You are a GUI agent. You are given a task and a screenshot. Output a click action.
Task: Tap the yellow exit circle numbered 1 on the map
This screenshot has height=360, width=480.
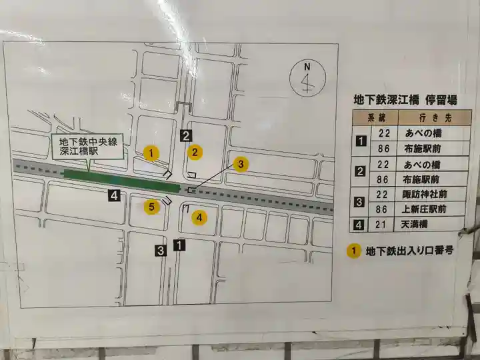[152, 153]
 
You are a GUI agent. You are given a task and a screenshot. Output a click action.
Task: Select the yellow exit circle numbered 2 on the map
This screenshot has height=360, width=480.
[195, 152]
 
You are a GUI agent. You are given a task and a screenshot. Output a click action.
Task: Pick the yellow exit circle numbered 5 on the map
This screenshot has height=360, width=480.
[152, 206]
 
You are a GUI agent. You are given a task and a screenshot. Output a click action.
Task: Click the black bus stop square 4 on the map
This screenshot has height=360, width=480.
[115, 195]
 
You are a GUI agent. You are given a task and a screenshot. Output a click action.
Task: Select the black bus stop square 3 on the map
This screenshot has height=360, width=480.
[161, 251]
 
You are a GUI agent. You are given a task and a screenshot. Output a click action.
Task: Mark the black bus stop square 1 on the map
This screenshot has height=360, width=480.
[178, 245]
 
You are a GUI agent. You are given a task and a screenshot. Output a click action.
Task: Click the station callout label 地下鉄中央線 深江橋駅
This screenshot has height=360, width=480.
[87, 147]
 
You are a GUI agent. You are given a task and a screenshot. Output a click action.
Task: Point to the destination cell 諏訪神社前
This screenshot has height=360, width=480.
[425, 194]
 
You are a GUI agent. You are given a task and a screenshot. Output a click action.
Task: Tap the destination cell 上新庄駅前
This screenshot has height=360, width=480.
[425, 209]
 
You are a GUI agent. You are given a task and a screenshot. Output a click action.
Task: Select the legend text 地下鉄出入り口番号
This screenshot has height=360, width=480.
[410, 251]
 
